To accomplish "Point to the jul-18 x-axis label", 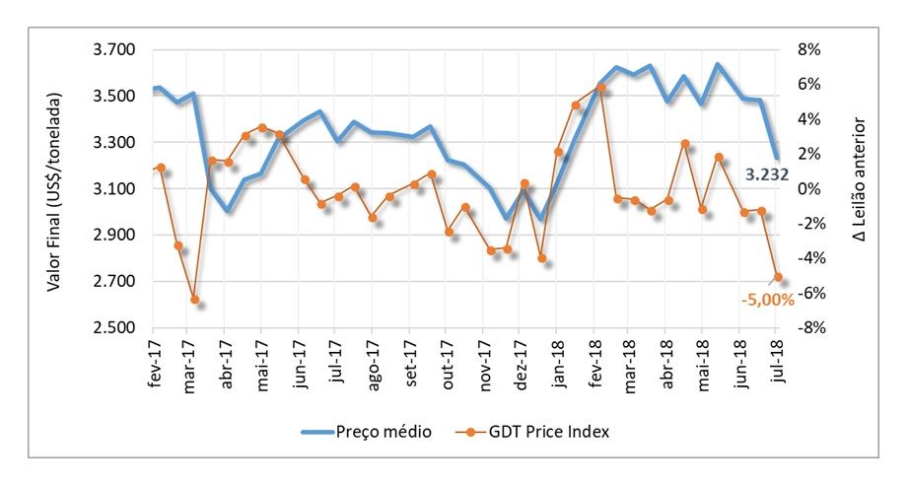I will click(x=776, y=364).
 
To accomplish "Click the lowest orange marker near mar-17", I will click(x=195, y=299).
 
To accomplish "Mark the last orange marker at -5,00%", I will click(x=779, y=277).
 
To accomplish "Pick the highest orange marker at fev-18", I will click(x=599, y=88).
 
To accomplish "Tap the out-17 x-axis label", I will click(x=449, y=366).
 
